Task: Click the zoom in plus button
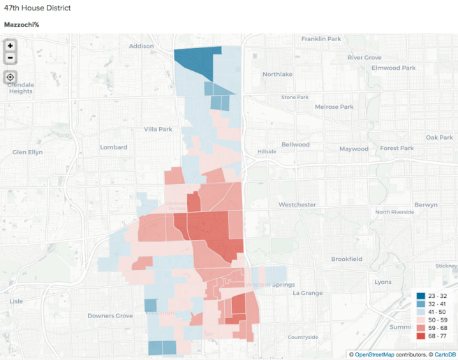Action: click(10, 45)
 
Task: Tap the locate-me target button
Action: click(10, 77)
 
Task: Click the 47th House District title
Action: click(37, 8)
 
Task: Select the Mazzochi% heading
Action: click(21, 24)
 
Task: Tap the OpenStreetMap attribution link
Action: click(381, 354)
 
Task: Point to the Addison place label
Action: click(141, 46)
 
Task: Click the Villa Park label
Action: click(158, 129)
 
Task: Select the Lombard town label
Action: click(114, 147)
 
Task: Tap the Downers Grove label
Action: click(110, 316)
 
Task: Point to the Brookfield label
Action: click(346, 259)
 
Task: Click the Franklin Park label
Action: click(320, 39)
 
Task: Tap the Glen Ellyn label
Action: click(29, 152)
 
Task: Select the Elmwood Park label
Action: click(393, 68)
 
